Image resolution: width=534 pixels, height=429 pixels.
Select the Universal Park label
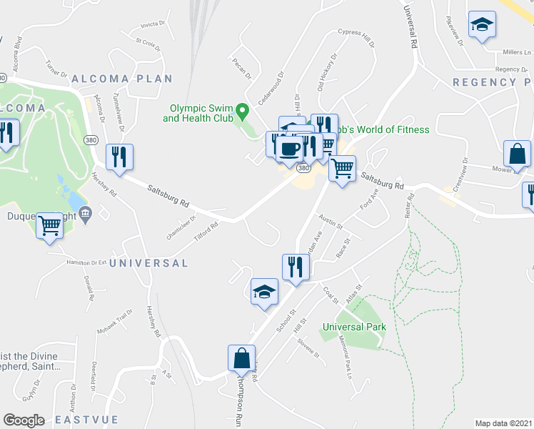[354, 327]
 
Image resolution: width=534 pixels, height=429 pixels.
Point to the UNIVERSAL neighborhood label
[148, 263]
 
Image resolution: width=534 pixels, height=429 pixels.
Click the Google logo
[24, 420]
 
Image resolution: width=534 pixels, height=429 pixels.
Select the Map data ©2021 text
[504, 423]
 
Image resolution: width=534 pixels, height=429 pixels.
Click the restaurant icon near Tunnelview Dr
[119, 156]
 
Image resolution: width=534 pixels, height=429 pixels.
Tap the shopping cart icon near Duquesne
[50, 226]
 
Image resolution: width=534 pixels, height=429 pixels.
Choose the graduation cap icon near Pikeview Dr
[482, 25]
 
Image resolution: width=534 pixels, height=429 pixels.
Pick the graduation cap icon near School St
[264, 291]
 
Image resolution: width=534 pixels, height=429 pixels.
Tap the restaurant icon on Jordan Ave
[296, 267]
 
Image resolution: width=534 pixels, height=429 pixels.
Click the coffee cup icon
[289, 148]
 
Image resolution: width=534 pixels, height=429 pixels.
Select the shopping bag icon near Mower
[516, 154]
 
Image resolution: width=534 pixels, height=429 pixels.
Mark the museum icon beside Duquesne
[85, 214]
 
